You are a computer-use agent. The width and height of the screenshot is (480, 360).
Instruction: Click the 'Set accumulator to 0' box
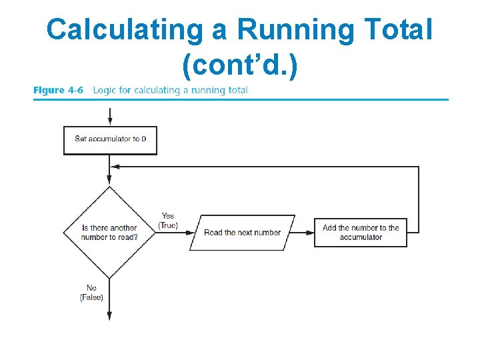click(110, 140)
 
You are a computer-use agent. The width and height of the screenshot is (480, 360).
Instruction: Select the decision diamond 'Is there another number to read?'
click(109, 232)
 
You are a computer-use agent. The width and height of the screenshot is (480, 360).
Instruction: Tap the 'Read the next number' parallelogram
click(242, 233)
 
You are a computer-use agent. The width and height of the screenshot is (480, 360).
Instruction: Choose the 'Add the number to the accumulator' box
click(360, 232)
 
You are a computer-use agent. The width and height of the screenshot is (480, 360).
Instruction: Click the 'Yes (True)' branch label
click(168, 221)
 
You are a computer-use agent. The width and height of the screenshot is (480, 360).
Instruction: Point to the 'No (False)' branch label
click(91, 293)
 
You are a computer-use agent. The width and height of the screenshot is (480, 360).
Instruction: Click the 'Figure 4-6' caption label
click(59, 90)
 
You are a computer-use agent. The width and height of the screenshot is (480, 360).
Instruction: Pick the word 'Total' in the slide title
click(399, 30)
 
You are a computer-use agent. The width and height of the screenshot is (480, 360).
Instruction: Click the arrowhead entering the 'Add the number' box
click(311, 233)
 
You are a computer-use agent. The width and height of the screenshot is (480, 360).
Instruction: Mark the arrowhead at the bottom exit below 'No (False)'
click(109, 317)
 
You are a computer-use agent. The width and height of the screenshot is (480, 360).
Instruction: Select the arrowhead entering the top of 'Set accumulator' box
click(109, 123)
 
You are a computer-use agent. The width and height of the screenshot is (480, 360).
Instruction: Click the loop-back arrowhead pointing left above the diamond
click(115, 167)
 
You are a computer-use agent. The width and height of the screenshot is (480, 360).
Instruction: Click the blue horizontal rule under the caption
click(240, 100)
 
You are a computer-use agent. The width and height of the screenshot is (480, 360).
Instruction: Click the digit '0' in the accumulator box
click(144, 139)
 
